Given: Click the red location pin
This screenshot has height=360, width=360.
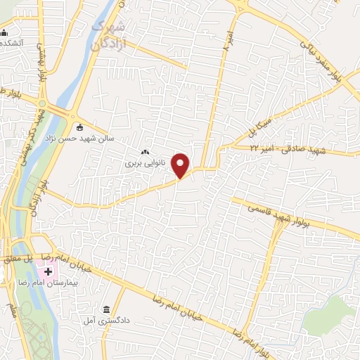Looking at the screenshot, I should point(182,165).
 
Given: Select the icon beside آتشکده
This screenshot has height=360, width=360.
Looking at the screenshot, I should point(5,32).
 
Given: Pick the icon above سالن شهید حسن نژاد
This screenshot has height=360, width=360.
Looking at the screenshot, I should point(79,127).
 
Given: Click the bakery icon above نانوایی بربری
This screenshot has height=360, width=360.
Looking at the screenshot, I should point(146,151).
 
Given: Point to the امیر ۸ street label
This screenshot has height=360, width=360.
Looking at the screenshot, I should point(226,41).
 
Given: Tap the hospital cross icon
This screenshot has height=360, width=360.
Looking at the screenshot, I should point(48,271).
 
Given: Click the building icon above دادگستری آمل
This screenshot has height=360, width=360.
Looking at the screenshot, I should point(107,310).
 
